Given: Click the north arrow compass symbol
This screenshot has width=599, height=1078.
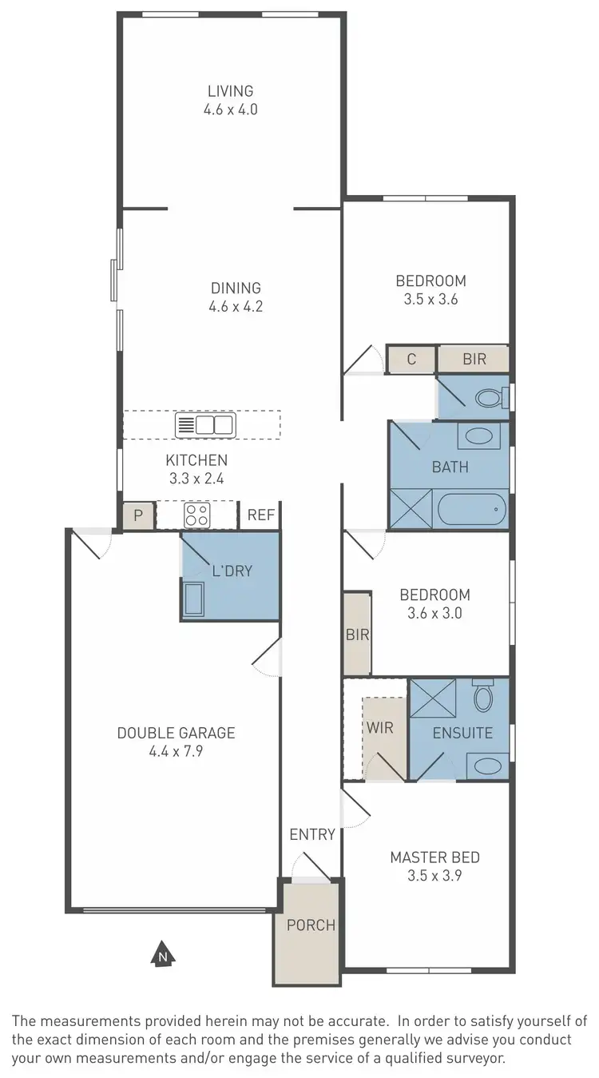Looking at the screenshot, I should click(x=163, y=953).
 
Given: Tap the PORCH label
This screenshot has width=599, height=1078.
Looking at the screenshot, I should click(x=311, y=925).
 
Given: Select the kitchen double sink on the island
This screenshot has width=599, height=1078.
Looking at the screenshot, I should click(x=205, y=425).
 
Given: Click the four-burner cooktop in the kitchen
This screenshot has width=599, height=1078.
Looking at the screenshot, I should click(x=196, y=515).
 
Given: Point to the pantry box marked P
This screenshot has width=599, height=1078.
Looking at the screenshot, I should click(x=138, y=516).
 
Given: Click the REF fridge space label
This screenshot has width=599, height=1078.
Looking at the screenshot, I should click(x=260, y=516).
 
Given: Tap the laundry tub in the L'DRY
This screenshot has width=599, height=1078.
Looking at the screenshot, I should click(x=194, y=599).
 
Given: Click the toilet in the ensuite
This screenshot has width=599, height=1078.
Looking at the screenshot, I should click(x=483, y=696).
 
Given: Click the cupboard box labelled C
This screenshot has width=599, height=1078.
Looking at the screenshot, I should click(x=411, y=359).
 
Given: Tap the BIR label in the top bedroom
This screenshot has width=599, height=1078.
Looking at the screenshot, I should click(x=474, y=359).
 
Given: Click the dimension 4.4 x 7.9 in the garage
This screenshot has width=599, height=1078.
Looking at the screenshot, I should click(x=176, y=751).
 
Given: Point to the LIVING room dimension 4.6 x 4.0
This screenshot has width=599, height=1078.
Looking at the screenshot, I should click(x=230, y=109).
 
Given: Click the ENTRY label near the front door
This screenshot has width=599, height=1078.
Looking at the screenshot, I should click(x=312, y=834).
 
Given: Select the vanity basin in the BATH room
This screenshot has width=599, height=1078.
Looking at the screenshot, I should click(x=478, y=436).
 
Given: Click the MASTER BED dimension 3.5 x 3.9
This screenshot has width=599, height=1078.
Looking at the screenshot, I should click(x=434, y=875).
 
